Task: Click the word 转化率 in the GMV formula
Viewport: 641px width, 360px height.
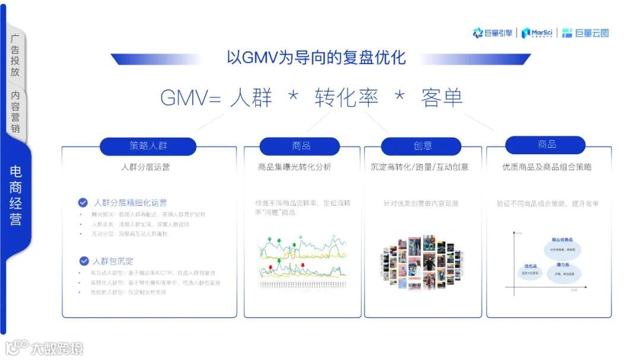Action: tap(346, 97)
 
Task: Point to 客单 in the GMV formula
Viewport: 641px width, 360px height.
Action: tap(442, 97)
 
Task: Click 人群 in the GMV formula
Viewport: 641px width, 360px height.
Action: tap(250, 97)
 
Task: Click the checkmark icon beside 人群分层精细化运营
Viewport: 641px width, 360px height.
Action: tap(83, 202)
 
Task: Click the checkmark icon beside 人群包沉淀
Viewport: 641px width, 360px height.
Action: tap(83, 261)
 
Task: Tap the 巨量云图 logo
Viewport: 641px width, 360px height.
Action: tap(585, 33)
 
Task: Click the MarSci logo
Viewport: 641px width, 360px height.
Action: tap(537, 33)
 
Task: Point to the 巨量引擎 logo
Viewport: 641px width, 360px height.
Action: tap(493, 33)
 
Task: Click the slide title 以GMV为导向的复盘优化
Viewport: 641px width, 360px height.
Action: tap(316, 58)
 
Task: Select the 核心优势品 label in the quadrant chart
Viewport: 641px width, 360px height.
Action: tap(561, 240)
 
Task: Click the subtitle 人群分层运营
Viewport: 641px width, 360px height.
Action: tap(145, 167)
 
